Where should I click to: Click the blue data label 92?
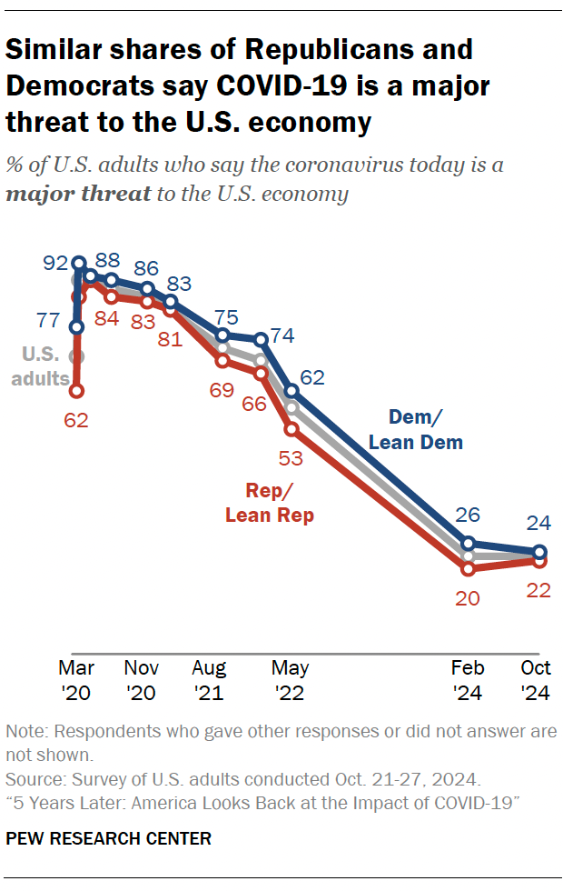(56, 265)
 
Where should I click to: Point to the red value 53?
(292, 459)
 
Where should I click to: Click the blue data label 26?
(468, 516)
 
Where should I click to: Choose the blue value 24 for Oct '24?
(539, 523)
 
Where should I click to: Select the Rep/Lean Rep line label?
(270, 503)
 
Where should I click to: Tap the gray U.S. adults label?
(41, 366)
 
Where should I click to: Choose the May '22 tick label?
(291, 680)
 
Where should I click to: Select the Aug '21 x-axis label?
(210, 680)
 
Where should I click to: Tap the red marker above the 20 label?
(469, 569)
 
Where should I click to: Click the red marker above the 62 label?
(76, 391)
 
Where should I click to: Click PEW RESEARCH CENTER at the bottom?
(109, 838)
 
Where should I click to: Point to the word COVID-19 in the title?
(291, 86)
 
